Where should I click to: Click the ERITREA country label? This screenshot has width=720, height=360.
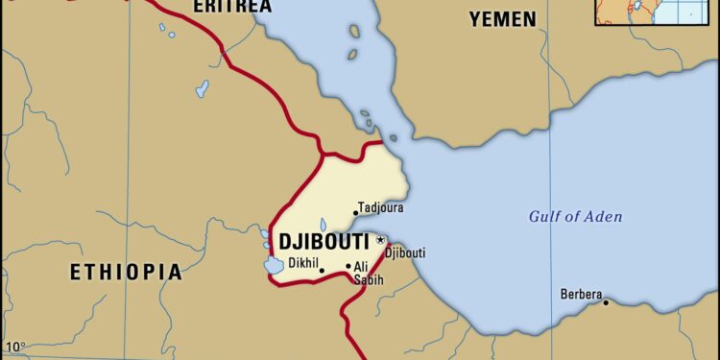(x=232, y=7)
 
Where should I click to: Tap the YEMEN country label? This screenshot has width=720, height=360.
(x=504, y=17)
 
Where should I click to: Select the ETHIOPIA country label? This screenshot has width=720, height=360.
(x=126, y=273)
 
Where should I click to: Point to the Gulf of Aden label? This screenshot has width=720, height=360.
(x=575, y=216)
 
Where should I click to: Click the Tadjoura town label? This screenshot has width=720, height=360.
(x=381, y=207)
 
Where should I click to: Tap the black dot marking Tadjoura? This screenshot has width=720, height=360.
(x=356, y=213)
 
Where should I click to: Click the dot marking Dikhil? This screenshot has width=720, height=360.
(x=322, y=271)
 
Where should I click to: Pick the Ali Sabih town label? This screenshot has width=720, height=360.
(x=369, y=274)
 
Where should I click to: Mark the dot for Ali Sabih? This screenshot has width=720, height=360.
(x=348, y=266)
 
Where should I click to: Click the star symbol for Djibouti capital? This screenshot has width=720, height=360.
(x=380, y=239)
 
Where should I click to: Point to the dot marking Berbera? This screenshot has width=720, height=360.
(x=606, y=302)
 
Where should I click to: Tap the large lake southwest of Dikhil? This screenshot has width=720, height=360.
(x=276, y=264)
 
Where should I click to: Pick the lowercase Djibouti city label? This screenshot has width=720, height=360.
(x=404, y=253)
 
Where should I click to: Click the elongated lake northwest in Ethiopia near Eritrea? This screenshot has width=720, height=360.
(x=203, y=88)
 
